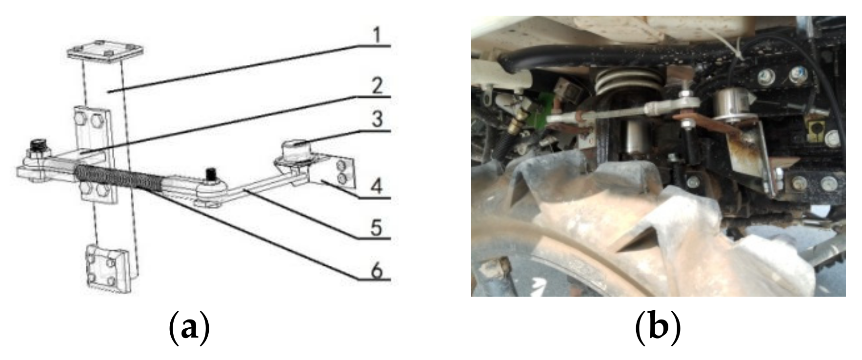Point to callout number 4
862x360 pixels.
coord(377,186)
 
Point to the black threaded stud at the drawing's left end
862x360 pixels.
coord(36,146)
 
